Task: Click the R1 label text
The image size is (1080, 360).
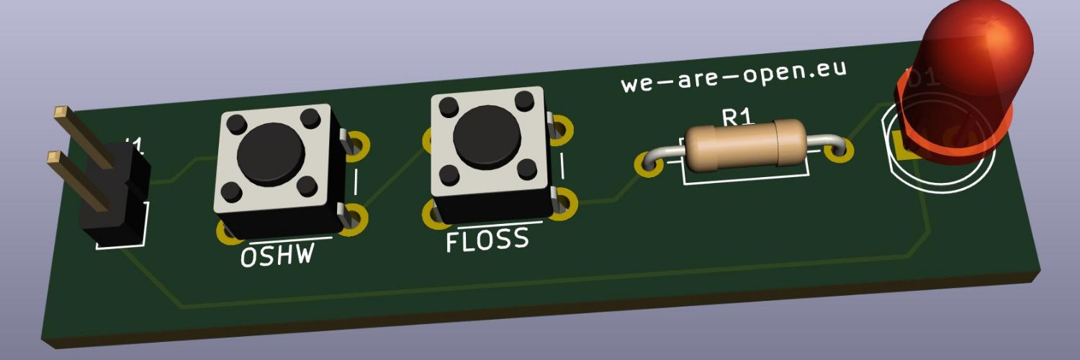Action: [x=736, y=117]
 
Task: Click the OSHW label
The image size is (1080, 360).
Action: [x=276, y=255]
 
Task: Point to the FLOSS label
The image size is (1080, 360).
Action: [x=487, y=240]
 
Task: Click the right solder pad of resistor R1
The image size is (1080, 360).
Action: [x=838, y=150]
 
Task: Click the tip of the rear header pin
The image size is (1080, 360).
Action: [x=60, y=112]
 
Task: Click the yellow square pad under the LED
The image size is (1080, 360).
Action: [x=902, y=145]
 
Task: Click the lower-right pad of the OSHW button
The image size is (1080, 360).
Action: [x=356, y=216]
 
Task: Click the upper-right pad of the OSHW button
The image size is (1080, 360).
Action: [x=356, y=143]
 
